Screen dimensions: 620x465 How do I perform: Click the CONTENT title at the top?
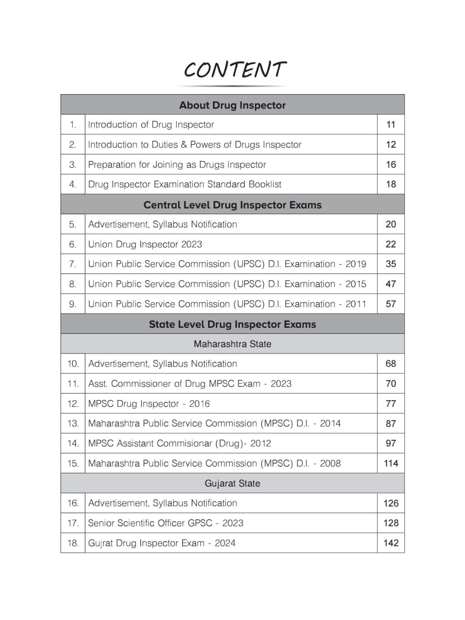click(235, 70)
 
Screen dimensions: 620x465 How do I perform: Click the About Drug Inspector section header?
click(232, 105)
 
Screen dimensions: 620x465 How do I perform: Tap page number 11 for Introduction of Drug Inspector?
click(391, 125)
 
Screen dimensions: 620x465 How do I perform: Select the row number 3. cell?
click(72, 165)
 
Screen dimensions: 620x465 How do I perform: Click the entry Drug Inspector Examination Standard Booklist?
click(184, 184)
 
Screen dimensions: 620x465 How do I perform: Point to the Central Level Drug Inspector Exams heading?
click(232, 205)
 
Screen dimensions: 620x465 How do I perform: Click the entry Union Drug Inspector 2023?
click(145, 245)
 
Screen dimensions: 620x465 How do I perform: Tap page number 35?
click(391, 264)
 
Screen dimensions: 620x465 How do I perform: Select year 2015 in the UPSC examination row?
click(355, 284)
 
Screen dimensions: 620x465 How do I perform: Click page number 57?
click(391, 304)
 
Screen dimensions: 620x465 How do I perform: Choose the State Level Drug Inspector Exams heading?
click(232, 324)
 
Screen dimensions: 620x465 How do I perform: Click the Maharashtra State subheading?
click(232, 344)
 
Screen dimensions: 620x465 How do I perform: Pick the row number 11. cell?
click(73, 384)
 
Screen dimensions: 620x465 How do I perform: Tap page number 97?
click(391, 443)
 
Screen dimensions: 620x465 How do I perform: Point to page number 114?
click(391, 463)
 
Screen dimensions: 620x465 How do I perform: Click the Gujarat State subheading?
click(232, 484)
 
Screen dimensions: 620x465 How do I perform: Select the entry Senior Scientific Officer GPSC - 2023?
click(165, 523)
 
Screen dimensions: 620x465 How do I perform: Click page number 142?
click(391, 543)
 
